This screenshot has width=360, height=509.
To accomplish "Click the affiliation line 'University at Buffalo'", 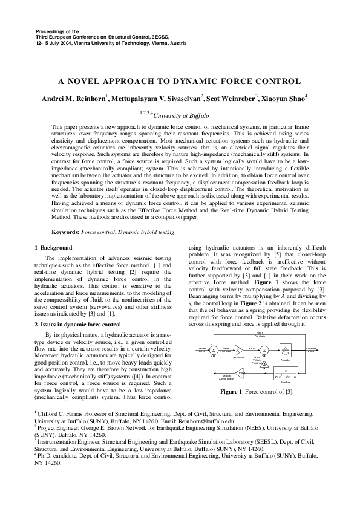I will [x=182, y=114].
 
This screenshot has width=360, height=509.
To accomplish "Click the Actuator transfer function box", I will [x=285, y=350].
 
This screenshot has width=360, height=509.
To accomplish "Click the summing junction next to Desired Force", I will [x=213, y=351].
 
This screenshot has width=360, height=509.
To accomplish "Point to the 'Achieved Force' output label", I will [x=310, y=350].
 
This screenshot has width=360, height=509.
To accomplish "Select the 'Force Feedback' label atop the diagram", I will [x=260, y=334].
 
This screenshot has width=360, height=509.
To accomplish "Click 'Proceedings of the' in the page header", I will [x=58, y=30].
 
